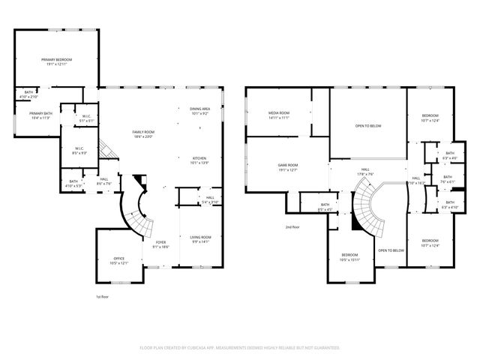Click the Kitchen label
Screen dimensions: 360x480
click(x=199, y=160)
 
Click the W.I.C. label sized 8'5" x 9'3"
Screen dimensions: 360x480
click(x=79, y=150)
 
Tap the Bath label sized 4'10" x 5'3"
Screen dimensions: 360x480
click(x=73, y=183)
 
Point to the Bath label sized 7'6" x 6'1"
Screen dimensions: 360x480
click(x=447, y=179)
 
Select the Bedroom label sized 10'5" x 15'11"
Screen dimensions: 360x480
click(x=350, y=257)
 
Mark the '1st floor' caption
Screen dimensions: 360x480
click(x=103, y=296)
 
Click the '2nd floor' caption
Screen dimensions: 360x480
click(x=292, y=226)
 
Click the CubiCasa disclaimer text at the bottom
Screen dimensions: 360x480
click(x=240, y=348)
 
